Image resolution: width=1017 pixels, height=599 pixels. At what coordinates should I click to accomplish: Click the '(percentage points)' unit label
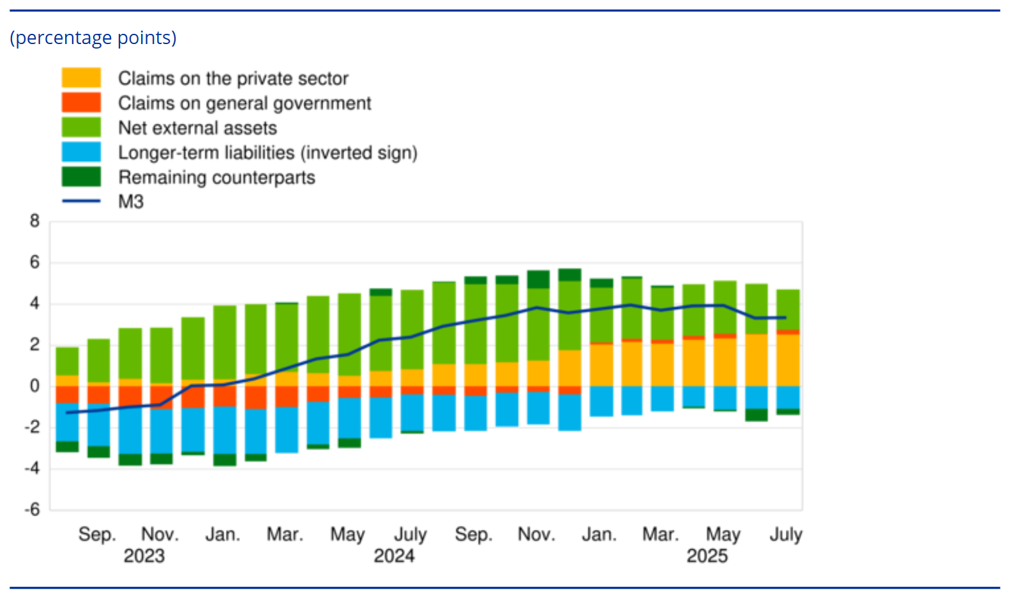coord(93,38)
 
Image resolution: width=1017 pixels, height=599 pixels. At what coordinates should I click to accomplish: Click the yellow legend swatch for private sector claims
coord(81,78)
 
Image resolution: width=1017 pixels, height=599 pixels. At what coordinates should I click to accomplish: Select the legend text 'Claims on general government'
coord(245,103)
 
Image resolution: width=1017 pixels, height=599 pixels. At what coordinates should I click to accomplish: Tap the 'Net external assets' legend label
coord(197,128)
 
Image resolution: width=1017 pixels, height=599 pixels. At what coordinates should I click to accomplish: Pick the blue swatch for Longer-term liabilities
coord(81,152)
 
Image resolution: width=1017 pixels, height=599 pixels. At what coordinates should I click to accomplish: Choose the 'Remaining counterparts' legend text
coord(216,178)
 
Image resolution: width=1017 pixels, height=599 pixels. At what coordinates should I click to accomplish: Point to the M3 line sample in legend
coord(81,201)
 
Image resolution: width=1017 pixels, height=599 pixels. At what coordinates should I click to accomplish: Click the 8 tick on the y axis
coord(34,222)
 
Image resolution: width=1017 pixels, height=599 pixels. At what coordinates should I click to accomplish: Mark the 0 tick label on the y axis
coord(34,386)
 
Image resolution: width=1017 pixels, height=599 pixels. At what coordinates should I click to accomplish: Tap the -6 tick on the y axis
coord(32,510)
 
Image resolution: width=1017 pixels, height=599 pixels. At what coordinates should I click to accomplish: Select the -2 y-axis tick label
coord(32,427)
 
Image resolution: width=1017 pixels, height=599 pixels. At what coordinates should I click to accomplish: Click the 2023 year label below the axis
coord(144,556)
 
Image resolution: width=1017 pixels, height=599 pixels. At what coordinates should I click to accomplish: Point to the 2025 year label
coord(707,556)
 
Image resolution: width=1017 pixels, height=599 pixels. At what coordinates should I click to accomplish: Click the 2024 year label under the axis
coord(394,556)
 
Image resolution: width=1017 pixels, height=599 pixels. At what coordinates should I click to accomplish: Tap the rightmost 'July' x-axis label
coord(786,534)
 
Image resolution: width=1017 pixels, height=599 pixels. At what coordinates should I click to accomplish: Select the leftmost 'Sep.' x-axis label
coord(97,534)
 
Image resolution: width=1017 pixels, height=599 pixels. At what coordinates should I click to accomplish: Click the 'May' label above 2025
coord(723,534)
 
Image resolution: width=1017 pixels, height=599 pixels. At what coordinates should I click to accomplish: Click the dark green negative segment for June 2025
coord(757,414)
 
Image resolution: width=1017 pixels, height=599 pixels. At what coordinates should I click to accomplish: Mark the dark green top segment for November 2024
coord(538,279)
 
